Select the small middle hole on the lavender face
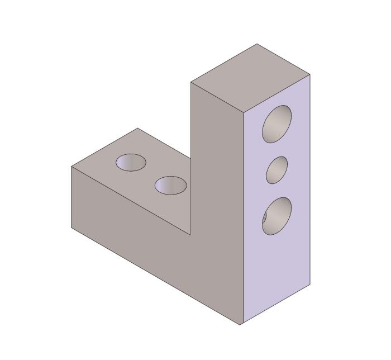click(x=277, y=170)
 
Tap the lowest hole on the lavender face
click(x=277, y=216)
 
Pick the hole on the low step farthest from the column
click(x=131, y=162)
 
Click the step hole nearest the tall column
click(x=170, y=186)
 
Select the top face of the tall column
click(x=250, y=78)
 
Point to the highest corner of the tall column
click(x=257, y=44)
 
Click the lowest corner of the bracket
click(x=241, y=325)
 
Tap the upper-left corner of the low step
click(x=71, y=167)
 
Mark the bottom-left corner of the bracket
click(x=71, y=227)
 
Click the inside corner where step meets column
click(x=191, y=235)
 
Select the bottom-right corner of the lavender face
click(x=310, y=285)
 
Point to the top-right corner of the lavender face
click(x=310, y=74)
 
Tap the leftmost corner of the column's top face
click(x=191, y=82)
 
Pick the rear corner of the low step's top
click(x=137, y=129)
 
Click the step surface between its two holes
click(x=150, y=174)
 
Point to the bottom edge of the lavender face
click(x=275, y=305)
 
